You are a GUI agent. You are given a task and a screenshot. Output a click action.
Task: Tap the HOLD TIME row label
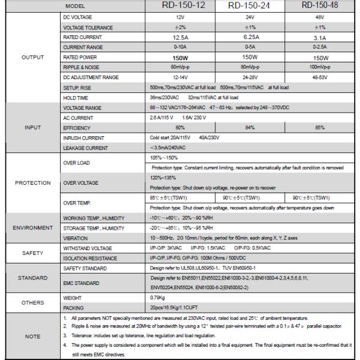tap(76, 97)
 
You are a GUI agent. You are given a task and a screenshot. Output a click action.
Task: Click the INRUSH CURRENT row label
tap(83, 137)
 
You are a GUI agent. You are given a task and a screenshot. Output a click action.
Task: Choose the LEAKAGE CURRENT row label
tap(86, 148)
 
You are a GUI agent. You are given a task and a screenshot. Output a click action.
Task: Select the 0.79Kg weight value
tap(158, 296)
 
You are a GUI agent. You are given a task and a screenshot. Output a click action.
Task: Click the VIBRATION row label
tap(75, 238)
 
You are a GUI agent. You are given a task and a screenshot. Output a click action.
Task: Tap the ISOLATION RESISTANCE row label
tap(89, 259)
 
